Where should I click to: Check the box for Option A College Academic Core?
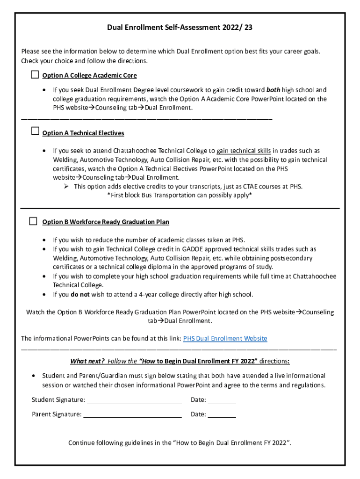click(35, 75)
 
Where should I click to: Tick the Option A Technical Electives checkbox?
click(35, 131)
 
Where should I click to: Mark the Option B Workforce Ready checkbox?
click(33, 221)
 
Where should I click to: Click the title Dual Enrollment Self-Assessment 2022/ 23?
click(180, 28)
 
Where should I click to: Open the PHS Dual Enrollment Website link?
click(225, 338)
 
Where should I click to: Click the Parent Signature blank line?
click(132, 414)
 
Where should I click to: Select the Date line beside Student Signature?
click(222, 400)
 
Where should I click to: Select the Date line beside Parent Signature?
click(222, 414)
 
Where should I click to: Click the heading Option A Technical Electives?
click(83, 133)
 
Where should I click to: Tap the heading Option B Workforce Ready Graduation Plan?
click(106, 222)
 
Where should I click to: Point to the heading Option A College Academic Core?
click(89, 76)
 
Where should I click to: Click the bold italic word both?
click(274, 90)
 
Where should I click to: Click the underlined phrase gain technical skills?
click(244, 151)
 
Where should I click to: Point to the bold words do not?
click(77, 294)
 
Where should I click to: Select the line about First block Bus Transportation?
click(180, 195)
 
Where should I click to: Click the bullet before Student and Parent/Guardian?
click(33, 376)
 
